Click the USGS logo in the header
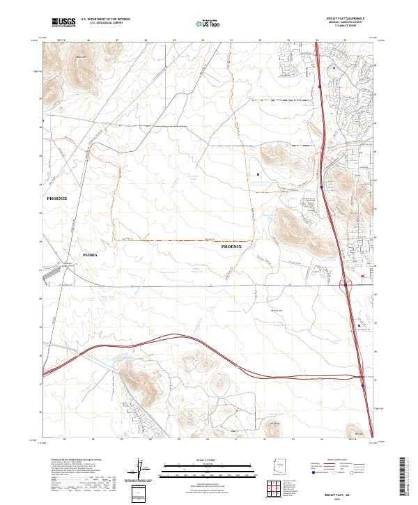click(x=63, y=22)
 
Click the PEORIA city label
click(x=91, y=256)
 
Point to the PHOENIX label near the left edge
click(x=57, y=199)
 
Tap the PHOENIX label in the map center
click(x=231, y=247)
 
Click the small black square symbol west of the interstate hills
click(x=258, y=173)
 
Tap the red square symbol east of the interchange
click(x=362, y=277)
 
